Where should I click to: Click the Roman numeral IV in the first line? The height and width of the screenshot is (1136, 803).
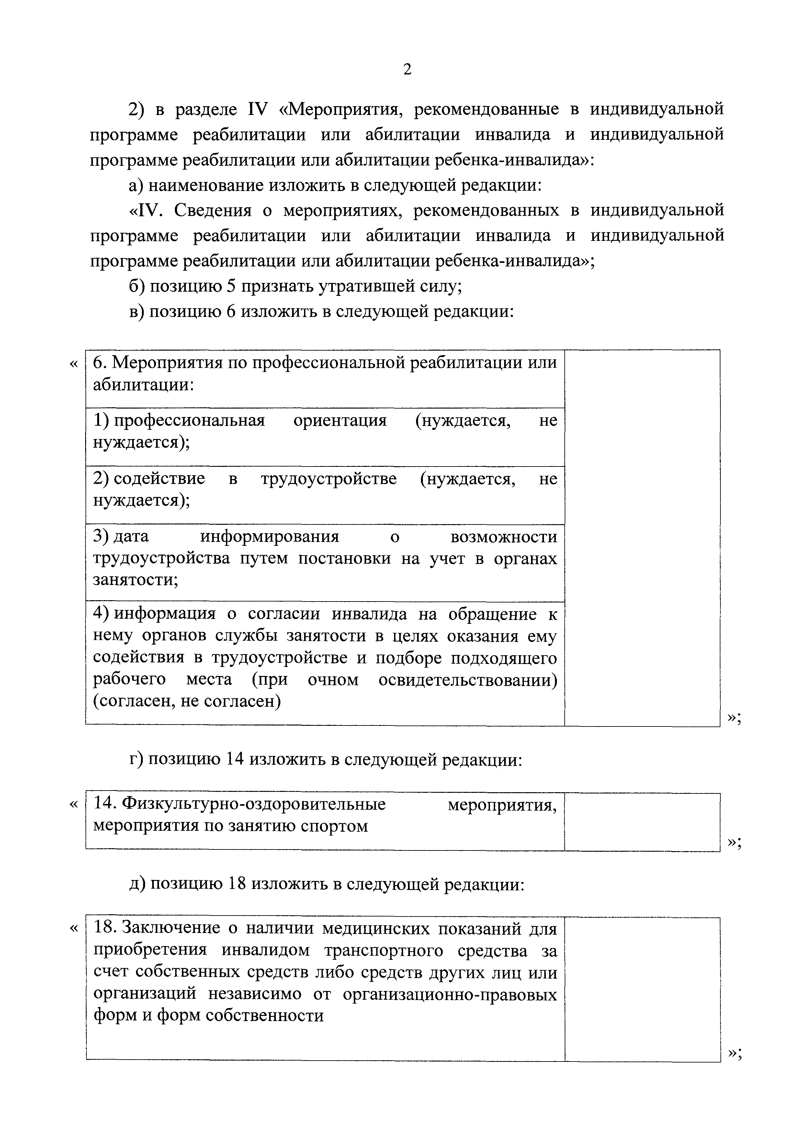256,109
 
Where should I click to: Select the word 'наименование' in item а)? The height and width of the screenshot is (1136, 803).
206,186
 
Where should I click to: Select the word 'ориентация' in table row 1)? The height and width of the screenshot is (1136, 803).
340,421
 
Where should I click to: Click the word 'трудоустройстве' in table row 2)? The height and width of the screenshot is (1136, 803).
329,479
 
